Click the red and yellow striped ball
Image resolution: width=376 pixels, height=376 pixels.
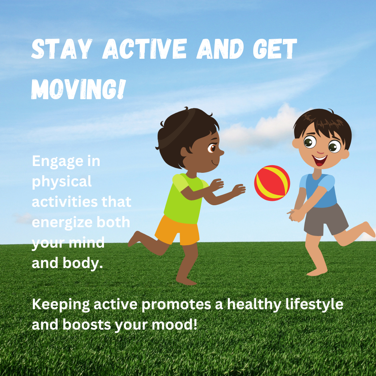pyautogui.click(x=272, y=183)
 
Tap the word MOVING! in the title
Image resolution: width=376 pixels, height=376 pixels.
pyautogui.click(x=78, y=89)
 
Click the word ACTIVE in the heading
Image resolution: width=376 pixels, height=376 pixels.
pyautogui.click(x=144, y=49)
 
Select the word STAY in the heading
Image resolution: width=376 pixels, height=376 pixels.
pyautogui.click(x=62, y=49)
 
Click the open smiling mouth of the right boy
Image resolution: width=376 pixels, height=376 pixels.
pyautogui.click(x=320, y=160)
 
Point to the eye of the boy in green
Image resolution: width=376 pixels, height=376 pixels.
pyautogui.click(x=212, y=148)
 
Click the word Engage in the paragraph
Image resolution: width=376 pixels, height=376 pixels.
pyautogui.click(x=58, y=162)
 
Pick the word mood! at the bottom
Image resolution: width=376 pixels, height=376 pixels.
pyautogui.click(x=174, y=325)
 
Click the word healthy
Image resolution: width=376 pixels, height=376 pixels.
pyautogui.click(x=254, y=304)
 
